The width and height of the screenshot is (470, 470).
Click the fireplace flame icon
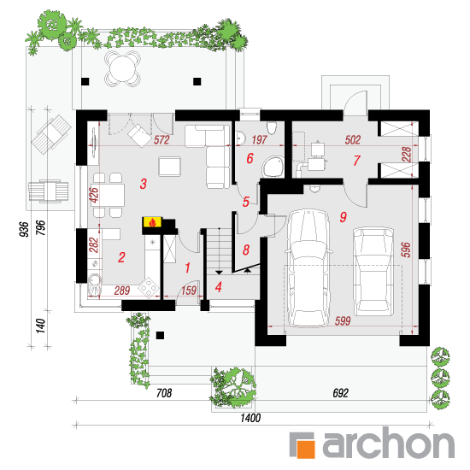tap(153, 222)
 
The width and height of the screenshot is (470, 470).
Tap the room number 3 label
tap(144, 184)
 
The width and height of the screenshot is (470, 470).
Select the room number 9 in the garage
tap(344, 217)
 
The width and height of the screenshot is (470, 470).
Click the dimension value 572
tap(162, 140)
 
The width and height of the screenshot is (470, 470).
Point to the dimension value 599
tap(343, 321)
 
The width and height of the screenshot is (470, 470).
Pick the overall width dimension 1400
tap(250, 418)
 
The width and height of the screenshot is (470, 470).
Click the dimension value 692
tap(340, 393)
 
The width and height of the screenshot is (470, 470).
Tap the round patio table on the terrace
tap(122, 68)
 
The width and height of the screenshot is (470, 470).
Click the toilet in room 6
tap(272, 127)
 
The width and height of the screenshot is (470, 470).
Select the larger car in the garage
tap(309, 268)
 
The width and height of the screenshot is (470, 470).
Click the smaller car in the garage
tap(373, 272)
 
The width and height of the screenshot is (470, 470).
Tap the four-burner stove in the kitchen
tap(149, 288)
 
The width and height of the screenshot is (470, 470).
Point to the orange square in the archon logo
tap(306, 448)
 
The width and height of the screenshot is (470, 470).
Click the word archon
tap(389, 444)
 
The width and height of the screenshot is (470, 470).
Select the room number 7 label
tap(356, 161)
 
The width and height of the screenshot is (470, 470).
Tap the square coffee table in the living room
tap(170, 167)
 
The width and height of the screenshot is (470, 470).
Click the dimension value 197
tap(259, 140)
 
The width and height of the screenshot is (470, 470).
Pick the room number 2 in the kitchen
tap(121, 257)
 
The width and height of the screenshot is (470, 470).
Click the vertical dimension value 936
tap(24, 229)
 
